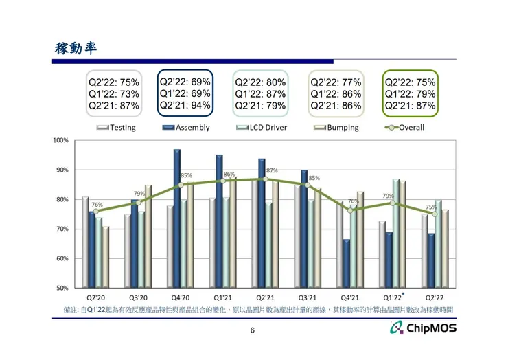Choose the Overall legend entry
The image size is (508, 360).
[x=411, y=127]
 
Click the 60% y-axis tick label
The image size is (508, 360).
[x=62, y=259]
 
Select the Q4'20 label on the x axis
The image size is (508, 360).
[x=180, y=298]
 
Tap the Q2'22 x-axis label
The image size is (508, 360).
[x=434, y=298]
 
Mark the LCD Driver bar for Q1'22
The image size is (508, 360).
[x=396, y=234]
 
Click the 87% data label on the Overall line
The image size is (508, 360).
[x=272, y=170]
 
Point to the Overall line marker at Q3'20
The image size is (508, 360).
[x=138, y=203]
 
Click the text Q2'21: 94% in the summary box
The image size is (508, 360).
[x=185, y=106]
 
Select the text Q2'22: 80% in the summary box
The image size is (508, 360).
[x=260, y=82]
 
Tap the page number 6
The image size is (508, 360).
[x=253, y=331]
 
